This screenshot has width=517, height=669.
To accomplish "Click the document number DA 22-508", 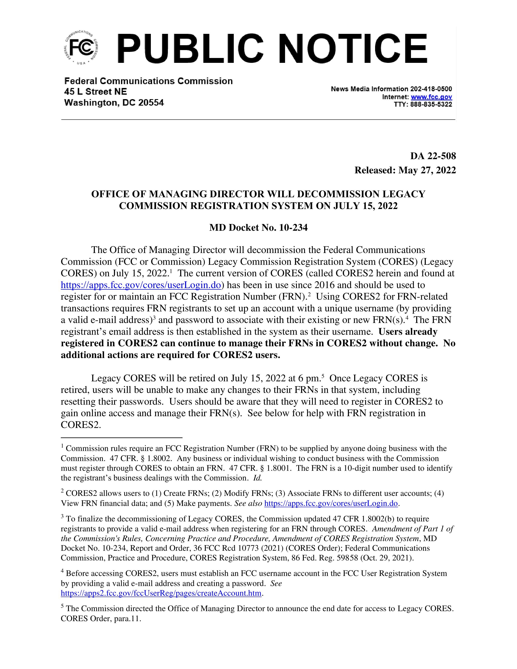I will pos(433,156).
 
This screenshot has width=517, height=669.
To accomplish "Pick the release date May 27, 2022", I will pos(427,170).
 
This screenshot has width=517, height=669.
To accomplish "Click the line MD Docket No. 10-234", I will pos(258,228).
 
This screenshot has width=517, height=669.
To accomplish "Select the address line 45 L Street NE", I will pos(95,92).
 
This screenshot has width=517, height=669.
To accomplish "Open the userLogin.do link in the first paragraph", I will pos(141,285).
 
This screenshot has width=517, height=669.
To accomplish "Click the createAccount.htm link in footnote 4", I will pos(161,593).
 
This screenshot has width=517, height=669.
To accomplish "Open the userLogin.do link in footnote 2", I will pos(331,503).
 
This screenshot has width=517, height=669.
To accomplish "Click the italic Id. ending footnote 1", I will pos(257,478).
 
